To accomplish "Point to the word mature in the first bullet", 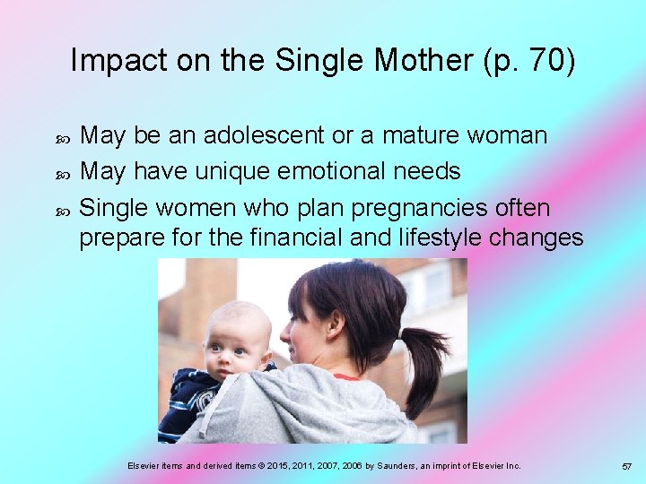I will [x=423, y=135].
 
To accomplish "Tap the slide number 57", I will [x=626, y=467].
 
